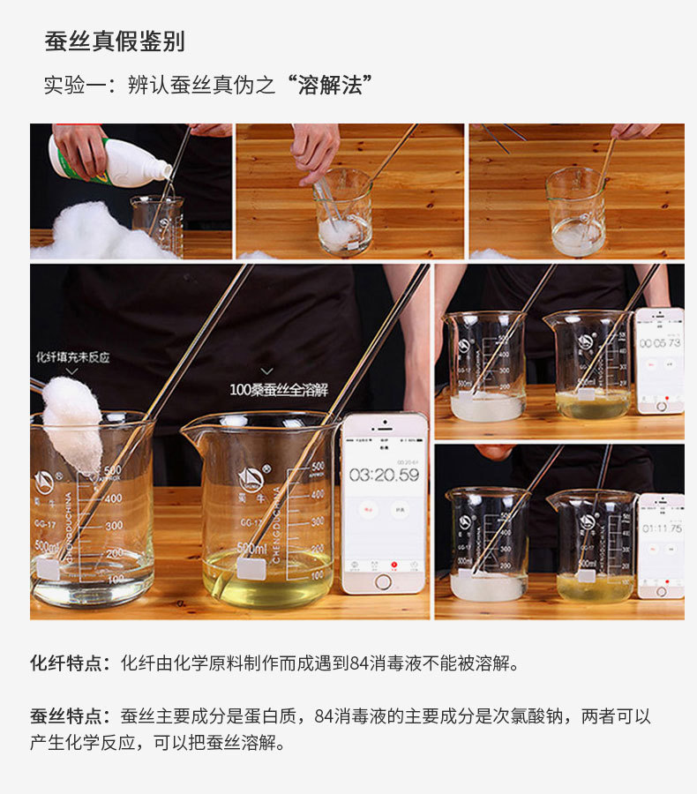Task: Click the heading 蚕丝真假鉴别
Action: (x=115, y=41)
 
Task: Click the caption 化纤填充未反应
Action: (x=72, y=357)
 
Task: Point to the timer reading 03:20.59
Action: (x=384, y=475)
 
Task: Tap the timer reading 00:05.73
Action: (x=659, y=342)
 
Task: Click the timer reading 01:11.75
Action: (x=661, y=528)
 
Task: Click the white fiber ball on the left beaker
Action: (x=72, y=423)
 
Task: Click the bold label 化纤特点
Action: (x=71, y=663)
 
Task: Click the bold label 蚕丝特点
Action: (x=71, y=715)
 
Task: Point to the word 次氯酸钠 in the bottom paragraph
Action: (x=510, y=715)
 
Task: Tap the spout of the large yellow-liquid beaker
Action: (x=191, y=430)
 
